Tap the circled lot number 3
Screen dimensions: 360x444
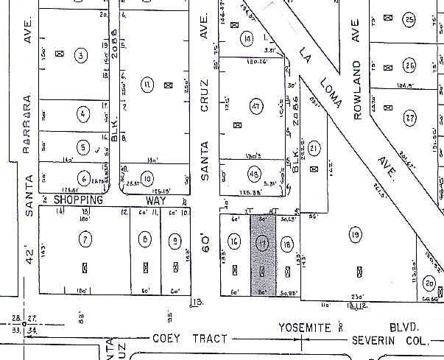pos(81,54)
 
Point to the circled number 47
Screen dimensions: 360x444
pos(256,107)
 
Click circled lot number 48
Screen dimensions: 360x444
pos(255,174)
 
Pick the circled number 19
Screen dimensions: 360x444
pos(356,235)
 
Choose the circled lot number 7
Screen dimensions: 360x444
pos(85,239)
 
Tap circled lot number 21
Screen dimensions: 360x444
pos(314,149)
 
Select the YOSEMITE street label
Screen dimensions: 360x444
pos(302,326)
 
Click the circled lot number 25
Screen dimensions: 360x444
pos(409,20)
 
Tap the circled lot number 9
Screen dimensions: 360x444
pos(175,240)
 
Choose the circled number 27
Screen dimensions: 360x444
pos(409,117)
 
